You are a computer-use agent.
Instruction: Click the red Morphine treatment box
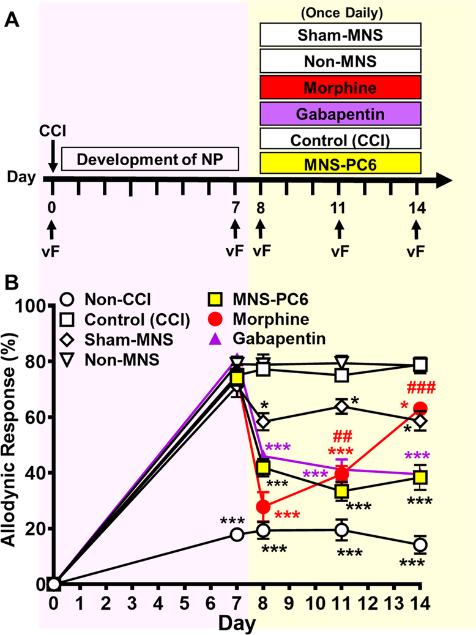(341, 87)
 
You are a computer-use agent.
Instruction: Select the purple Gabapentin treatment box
(341, 113)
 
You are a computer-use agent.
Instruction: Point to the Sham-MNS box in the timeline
(341, 35)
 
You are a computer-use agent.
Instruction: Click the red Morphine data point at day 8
(263, 507)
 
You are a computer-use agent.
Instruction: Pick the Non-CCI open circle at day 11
(341, 530)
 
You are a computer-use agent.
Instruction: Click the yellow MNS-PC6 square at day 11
(341, 491)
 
